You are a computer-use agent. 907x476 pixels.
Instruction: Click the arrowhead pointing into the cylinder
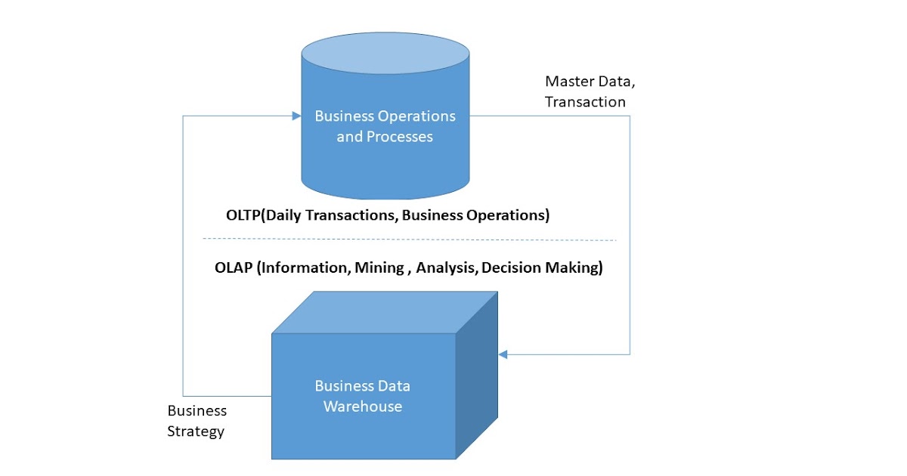[x=296, y=116]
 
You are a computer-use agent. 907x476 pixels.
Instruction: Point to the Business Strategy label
[x=197, y=421]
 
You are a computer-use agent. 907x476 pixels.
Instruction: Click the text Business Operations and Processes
[x=385, y=126]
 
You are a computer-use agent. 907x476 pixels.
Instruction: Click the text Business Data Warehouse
[x=363, y=396]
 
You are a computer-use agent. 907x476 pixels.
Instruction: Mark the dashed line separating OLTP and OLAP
[x=409, y=240]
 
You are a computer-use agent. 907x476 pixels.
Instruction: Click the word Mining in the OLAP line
[x=379, y=268]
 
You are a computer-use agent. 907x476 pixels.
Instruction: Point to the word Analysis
[x=446, y=268]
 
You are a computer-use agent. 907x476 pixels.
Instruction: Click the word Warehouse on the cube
[x=363, y=406]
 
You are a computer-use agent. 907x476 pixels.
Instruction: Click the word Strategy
[x=197, y=431]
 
